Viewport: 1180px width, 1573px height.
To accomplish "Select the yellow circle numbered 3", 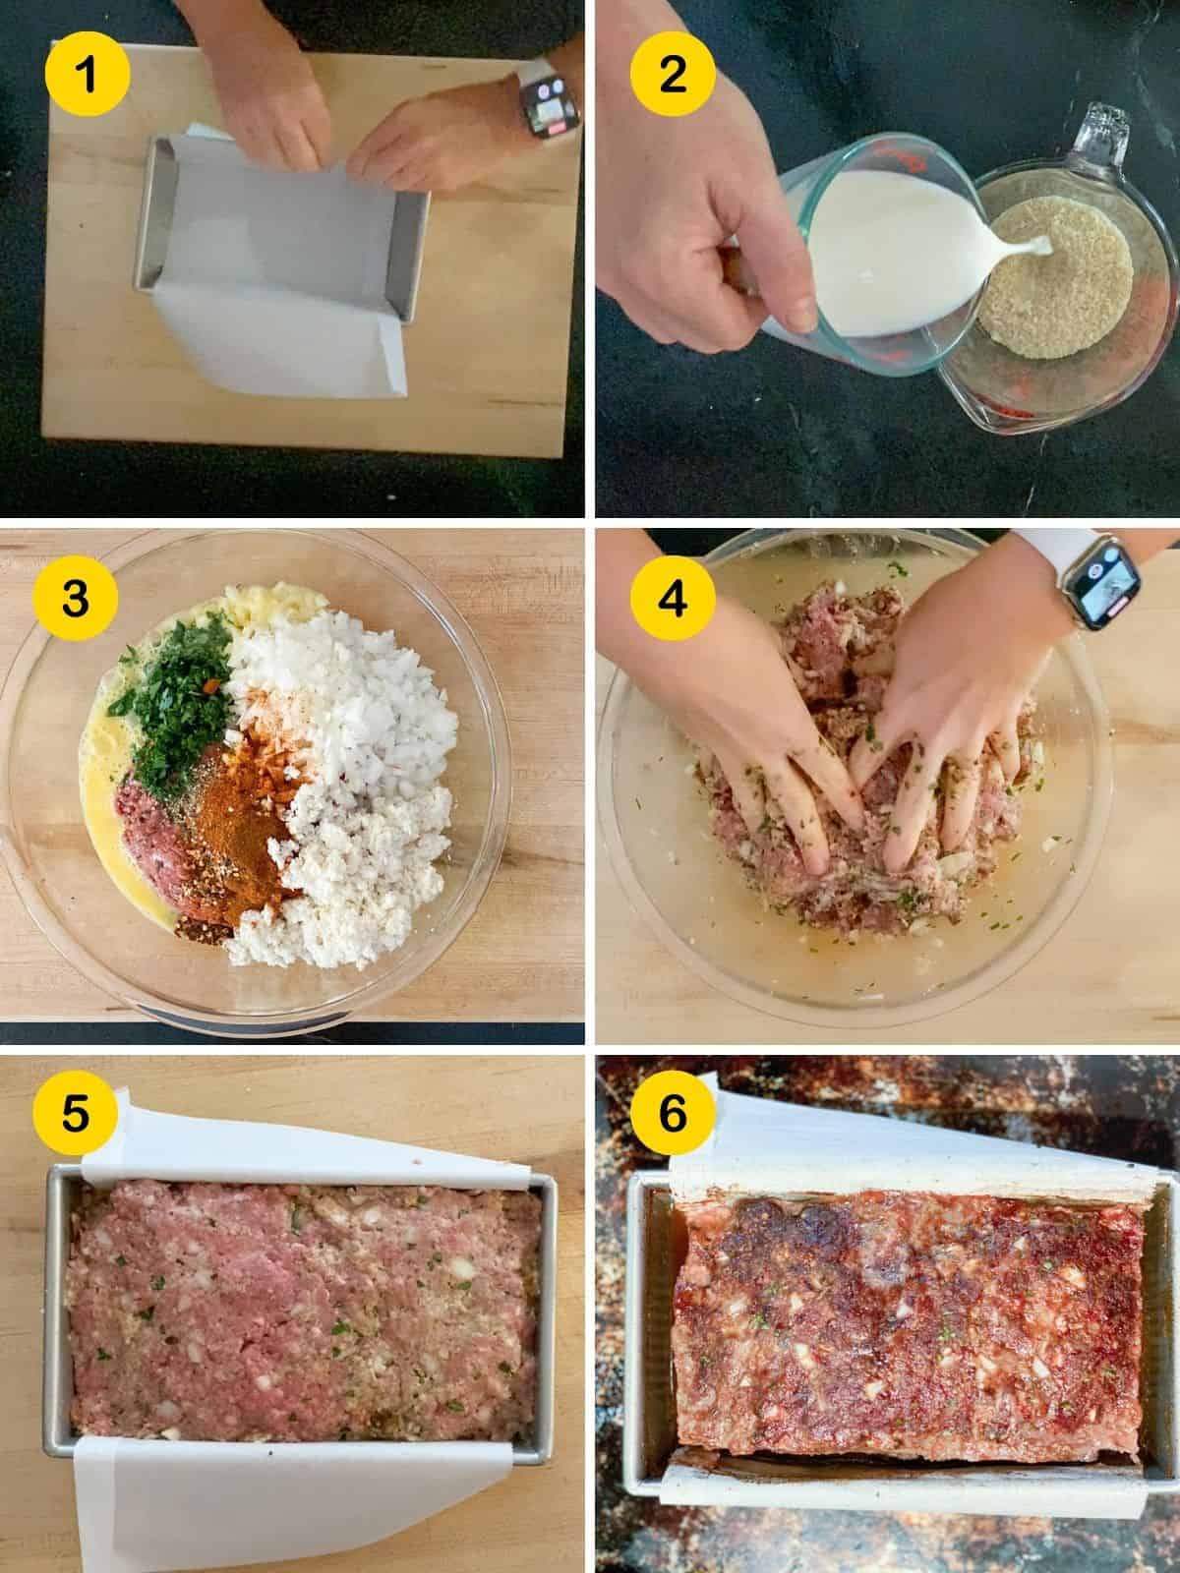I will (x=75, y=600).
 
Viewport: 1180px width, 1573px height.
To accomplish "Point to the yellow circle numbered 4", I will (x=672, y=600).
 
